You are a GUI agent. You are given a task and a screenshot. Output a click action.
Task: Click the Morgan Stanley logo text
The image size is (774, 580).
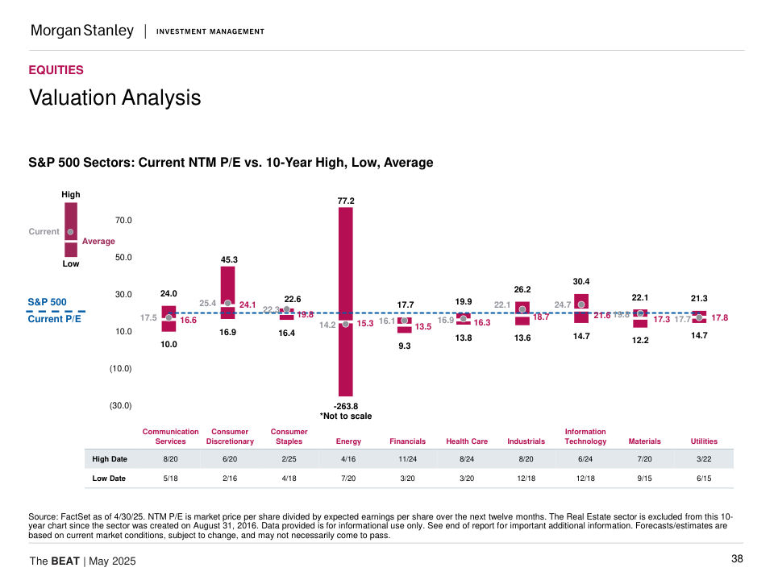[81, 31]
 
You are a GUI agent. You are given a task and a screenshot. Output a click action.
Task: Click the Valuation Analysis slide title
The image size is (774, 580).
[114, 97]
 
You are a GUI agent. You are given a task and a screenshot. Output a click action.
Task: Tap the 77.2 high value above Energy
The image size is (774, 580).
[346, 201]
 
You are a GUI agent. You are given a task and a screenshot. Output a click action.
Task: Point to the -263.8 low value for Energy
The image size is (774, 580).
[346, 406]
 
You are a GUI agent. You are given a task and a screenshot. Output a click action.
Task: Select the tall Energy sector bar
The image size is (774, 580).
[346, 266]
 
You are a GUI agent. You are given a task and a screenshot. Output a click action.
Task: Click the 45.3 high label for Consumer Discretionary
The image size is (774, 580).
[230, 260]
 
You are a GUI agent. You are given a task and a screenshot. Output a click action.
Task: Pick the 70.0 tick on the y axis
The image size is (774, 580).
[121, 220]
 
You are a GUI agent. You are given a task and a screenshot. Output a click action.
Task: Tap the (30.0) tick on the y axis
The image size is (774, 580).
[121, 406]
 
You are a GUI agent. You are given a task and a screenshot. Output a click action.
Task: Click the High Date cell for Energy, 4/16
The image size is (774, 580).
[348, 459]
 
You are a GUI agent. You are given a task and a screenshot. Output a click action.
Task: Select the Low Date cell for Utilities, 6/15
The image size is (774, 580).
[704, 478]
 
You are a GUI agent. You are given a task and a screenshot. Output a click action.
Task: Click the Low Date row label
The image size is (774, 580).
[110, 478]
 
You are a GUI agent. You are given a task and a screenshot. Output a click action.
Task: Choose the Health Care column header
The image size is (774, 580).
[467, 441]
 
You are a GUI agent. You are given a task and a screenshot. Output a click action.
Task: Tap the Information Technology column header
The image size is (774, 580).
[585, 437]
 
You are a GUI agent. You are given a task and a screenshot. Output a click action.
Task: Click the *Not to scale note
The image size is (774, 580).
[346, 416]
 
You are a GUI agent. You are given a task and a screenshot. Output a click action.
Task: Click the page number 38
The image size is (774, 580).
[737, 559]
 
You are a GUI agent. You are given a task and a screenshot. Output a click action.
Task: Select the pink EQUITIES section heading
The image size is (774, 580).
[56, 70]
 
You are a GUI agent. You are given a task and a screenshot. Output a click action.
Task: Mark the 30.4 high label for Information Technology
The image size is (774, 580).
[581, 282]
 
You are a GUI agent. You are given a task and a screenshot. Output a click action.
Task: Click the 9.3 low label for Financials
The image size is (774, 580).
[405, 346]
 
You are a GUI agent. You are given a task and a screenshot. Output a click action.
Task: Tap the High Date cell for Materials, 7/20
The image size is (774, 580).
[644, 459]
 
